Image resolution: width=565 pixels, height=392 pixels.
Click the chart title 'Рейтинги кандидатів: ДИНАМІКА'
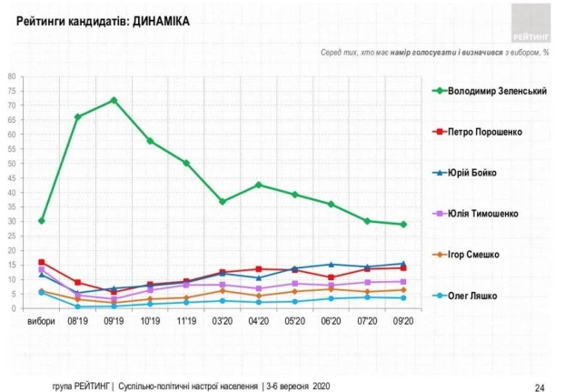104,20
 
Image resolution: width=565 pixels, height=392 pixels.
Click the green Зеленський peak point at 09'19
114,100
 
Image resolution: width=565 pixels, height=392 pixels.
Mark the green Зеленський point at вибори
42,220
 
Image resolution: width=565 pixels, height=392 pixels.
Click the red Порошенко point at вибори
42,262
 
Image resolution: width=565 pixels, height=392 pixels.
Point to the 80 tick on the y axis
13,76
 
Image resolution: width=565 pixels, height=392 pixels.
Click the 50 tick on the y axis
13,164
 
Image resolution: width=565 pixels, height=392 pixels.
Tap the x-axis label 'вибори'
41,321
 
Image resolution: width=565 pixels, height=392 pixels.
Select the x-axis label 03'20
223,321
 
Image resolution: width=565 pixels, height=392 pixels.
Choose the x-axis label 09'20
403,321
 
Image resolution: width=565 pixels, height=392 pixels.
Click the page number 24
539,387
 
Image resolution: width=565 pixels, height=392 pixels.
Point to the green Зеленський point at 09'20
403,225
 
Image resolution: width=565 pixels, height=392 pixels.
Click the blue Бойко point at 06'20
331,265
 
